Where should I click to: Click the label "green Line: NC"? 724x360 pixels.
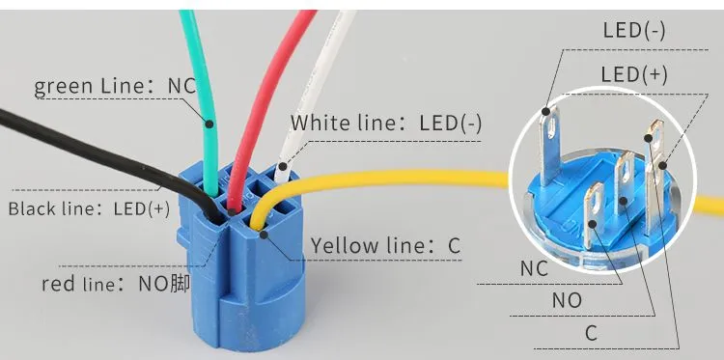[116, 86]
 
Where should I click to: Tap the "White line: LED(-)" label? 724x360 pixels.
[386, 124]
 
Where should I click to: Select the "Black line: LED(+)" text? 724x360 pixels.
[89, 208]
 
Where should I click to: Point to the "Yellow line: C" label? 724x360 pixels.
[385, 245]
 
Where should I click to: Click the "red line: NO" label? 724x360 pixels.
[116, 284]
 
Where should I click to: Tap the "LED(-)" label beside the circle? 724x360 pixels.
[634, 31]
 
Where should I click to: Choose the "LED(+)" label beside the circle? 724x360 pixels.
[634, 74]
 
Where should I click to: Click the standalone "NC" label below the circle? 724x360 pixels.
[534, 268]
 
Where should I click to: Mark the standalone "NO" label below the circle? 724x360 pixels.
[567, 301]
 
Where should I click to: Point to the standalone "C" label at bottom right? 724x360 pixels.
[592, 333]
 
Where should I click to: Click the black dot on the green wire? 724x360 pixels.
[209, 124]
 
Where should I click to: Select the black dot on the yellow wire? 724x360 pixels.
[265, 235]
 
